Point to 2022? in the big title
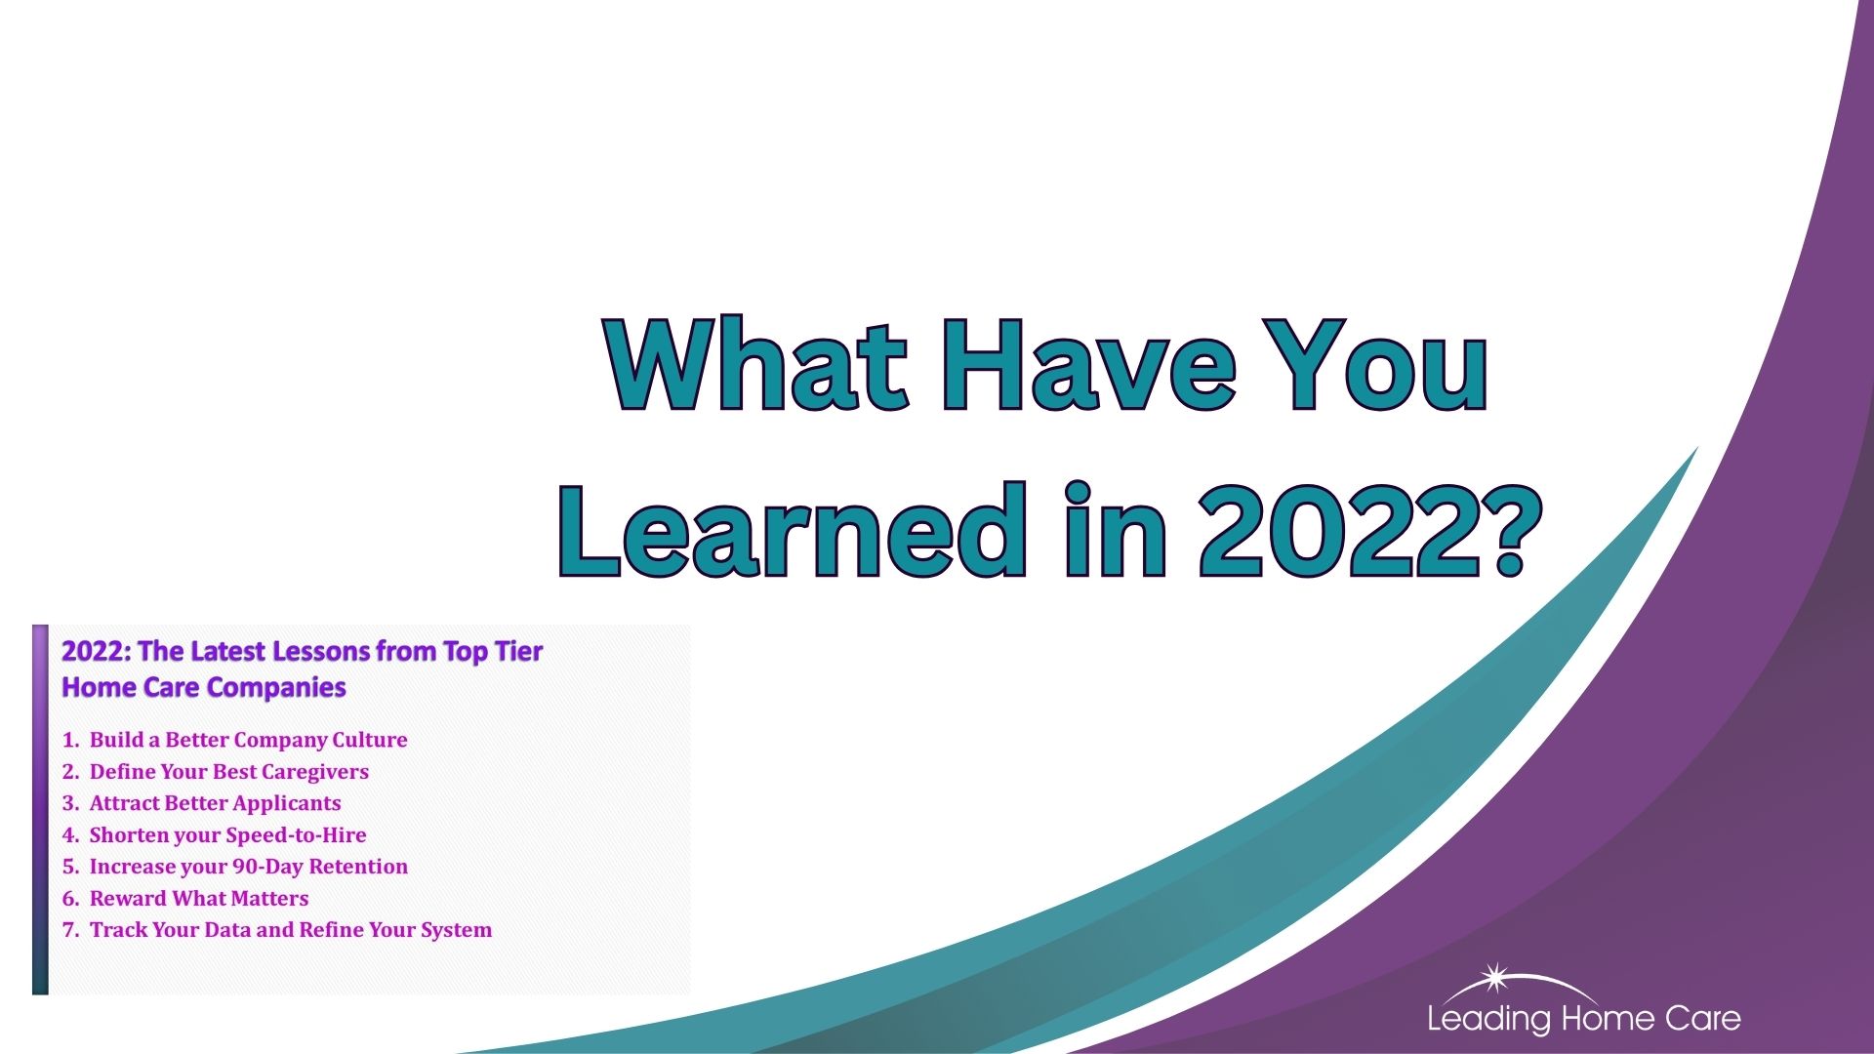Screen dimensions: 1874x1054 click(1363, 529)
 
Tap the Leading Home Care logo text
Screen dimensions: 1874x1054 click(1584, 1019)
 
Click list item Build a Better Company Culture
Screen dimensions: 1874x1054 click(248, 740)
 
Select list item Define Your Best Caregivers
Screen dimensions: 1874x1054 click(228, 772)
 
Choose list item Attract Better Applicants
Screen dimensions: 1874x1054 click(215, 803)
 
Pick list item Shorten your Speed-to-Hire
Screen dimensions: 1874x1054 click(227, 835)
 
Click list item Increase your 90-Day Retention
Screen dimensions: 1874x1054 click(248, 867)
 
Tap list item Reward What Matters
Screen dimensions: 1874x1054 click(198, 898)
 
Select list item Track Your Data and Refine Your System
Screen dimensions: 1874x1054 click(290, 930)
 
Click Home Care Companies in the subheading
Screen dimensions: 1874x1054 click(204, 688)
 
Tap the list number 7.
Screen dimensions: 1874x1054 click(69, 930)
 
